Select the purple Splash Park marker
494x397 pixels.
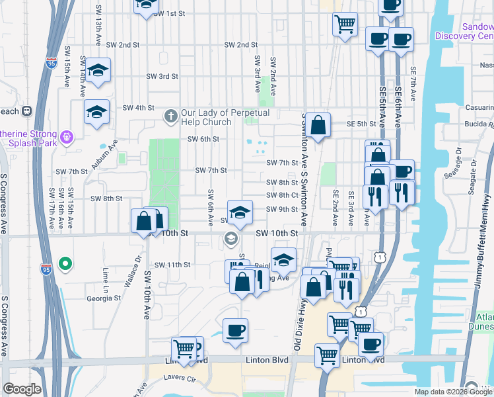coord(65,138)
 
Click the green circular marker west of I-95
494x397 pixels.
coord(65,265)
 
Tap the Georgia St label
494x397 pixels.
coord(104,298)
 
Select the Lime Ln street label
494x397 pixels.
coord(105,277)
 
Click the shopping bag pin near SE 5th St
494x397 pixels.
coord(318,125)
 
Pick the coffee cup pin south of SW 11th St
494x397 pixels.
coord(235,330)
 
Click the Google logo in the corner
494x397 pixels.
coord(22,389)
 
